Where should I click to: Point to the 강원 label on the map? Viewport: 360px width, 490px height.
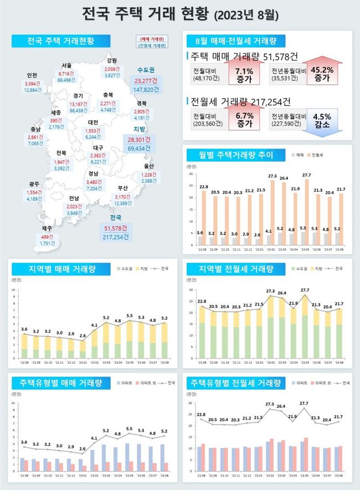[112, 60]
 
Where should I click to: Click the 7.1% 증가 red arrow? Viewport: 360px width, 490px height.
[244, 75]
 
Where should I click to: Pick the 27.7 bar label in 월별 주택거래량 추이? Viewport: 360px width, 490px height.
[307, 175]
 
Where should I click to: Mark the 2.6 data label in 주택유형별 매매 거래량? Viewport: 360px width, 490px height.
[83, 448]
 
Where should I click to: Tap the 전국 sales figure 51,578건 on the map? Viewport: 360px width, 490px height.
[116, 228]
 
